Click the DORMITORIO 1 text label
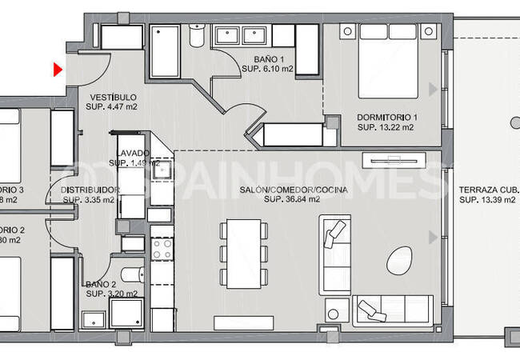tap(387, 117)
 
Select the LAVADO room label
tap(132, 153)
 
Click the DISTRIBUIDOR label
tap(90, 190)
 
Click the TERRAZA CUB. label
tap(488, 190)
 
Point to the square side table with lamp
tap(338, 309)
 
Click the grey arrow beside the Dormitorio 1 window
tap(433, 89)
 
